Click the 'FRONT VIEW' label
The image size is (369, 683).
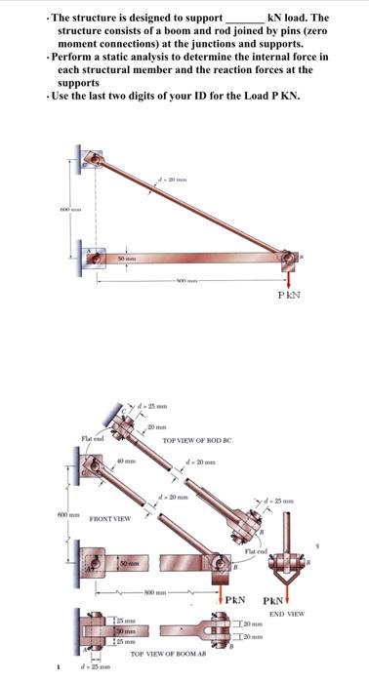tap(112, 519)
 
